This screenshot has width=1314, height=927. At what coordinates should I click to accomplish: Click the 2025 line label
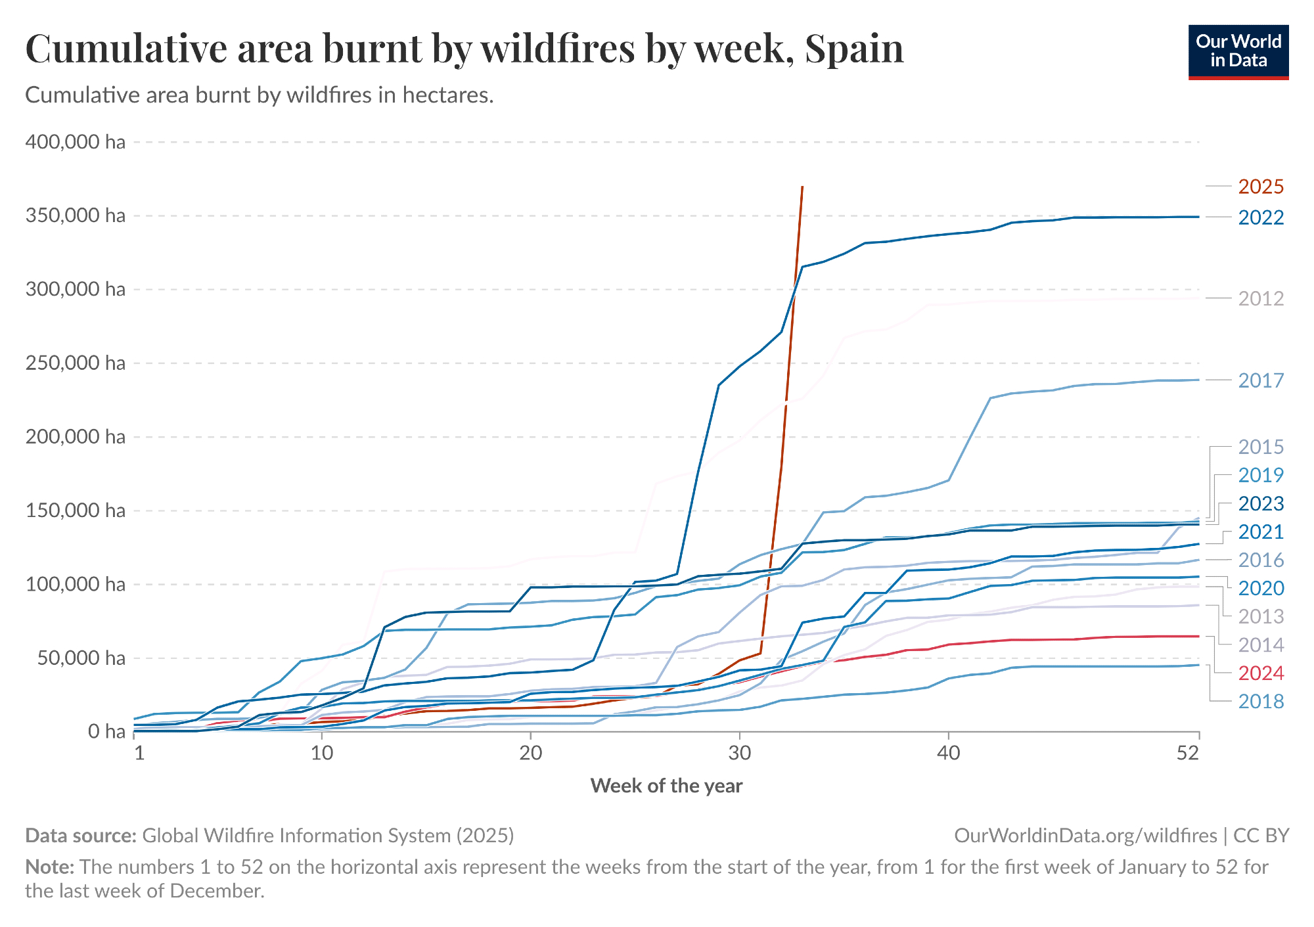click(x=1261, y=187)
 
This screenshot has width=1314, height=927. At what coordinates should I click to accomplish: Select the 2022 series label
click(x=1261, y=217)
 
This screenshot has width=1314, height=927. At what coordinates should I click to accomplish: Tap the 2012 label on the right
click(x=1261, y=299)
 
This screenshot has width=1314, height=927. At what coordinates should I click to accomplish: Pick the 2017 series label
click(x=1261, y=380)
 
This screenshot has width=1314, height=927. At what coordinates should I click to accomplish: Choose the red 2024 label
click(x=1261, y=673)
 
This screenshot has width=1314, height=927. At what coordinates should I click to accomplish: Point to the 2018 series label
click(x=1261, y=702)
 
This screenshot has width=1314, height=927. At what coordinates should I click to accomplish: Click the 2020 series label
click(x=1261, y=588)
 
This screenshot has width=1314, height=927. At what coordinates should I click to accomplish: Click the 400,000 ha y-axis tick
click(x=75, y=142)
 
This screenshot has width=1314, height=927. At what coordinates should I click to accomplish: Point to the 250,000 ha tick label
click(x=75, y=363)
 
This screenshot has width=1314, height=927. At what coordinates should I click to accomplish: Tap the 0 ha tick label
click(x=106, y=731)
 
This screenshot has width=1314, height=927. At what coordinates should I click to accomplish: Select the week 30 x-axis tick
click(x=740, y=753)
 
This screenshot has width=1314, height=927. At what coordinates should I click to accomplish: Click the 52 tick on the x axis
click(x=1188, y=753)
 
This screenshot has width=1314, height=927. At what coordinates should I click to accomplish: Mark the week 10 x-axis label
click(x=322, y=753)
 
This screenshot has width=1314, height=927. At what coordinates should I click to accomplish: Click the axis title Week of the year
click(x=666, y=786)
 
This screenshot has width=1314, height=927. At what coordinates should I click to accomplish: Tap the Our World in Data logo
click(x=1238, y=52)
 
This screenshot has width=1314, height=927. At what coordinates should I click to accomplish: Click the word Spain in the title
click(x=854, y=49)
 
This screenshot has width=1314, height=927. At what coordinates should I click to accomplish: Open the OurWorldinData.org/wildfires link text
click(x=1085, y=835)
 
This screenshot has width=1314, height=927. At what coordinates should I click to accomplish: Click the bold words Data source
click(x=80, y=835)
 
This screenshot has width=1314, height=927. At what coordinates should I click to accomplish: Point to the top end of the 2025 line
click(x=802, y=187)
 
